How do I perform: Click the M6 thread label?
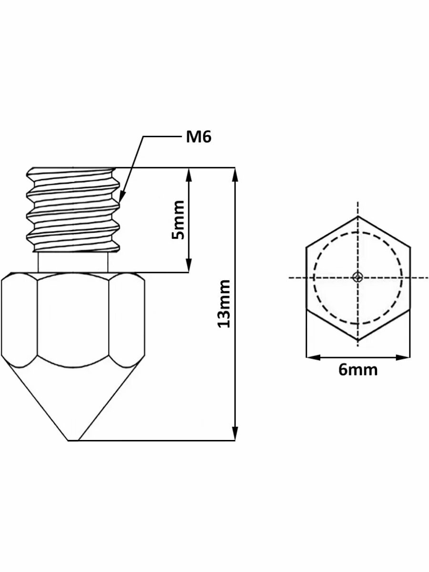[198, 137]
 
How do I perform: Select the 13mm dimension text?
[224, 303]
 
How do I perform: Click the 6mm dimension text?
[358, 369]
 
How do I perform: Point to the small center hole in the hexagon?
[358, 277]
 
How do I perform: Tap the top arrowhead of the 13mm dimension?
[234, 174]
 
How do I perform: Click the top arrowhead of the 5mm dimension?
[189, 174]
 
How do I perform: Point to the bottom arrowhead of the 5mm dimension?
[189, 266]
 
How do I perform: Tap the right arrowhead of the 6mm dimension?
[404, 357]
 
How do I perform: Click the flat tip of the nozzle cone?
[73, 439]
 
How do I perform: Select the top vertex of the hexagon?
[358, 217]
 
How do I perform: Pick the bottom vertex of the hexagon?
[358, 339]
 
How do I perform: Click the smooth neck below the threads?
[73, 262]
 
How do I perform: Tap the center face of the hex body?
[73, 319]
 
